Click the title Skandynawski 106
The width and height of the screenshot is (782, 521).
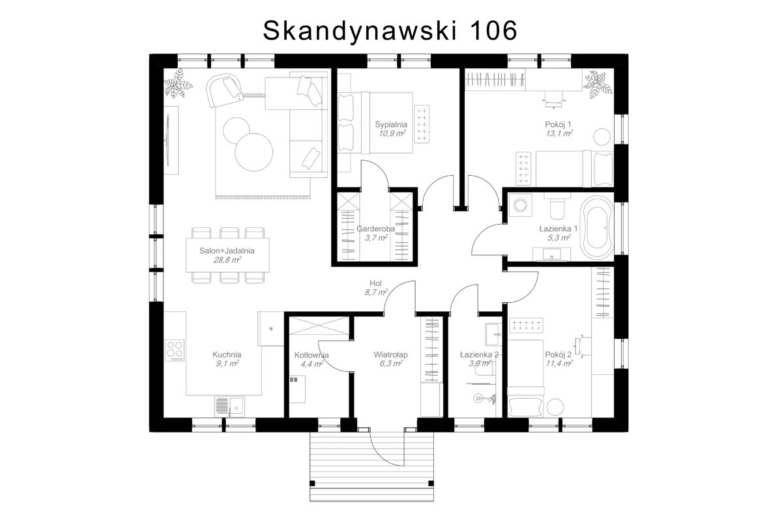coord(390,31)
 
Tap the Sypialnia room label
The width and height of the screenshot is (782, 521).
coord(391,124)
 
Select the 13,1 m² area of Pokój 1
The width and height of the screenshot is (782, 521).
coord(559,134)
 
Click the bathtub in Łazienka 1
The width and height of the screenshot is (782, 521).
coord(597,227)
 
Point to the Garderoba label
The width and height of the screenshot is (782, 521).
coord(375,229)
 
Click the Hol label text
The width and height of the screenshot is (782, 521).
coord(375,283)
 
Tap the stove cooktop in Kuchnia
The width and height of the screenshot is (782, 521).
coord(175,350)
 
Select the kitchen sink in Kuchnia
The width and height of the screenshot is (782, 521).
coord(229,406)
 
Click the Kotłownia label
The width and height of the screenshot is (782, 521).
coord(311,355)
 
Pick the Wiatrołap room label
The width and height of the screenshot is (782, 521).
coord(390,354)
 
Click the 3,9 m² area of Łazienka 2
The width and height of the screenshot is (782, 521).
coord(480,363)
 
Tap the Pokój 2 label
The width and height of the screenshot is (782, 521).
coord(558,354)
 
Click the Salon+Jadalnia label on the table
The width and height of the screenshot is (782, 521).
coord(227,251)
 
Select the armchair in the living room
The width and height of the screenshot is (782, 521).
coord(224,90)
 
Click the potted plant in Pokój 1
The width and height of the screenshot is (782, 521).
coord(598,84)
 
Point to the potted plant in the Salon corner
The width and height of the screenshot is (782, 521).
coord(179,83)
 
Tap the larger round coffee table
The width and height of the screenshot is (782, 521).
coord(253,152)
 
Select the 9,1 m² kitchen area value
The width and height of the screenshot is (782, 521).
coord(227,363)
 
